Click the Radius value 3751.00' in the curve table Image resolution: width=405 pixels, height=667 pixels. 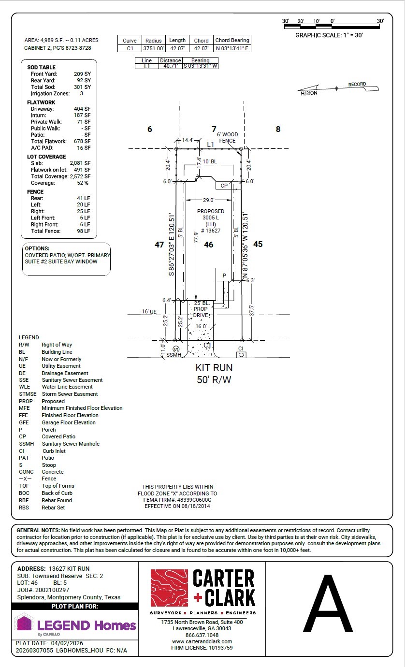point(153,48)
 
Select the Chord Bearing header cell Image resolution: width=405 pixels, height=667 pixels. point(232,40)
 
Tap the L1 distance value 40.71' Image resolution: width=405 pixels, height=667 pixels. point(170,66)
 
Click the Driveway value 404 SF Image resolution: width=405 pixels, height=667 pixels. point(82,109)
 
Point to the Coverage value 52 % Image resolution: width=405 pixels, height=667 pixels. point(83,183)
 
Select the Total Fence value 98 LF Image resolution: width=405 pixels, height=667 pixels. point(84,231)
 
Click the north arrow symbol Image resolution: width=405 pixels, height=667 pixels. point(338,88)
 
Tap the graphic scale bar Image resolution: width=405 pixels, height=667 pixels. point(332,27)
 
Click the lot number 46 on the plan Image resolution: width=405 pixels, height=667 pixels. point(208,245)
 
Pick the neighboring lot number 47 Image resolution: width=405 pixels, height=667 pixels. point(159,245)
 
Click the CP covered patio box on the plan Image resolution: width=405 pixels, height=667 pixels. point(224,185)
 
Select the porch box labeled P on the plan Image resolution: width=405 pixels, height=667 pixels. point(224,275)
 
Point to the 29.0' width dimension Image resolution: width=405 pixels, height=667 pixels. point(208,200)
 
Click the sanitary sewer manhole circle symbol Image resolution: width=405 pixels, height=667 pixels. point(176,349)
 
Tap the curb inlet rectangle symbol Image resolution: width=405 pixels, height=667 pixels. point(241,355)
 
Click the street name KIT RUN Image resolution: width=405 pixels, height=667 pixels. point(214,368)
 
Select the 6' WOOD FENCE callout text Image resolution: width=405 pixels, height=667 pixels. point(227,138)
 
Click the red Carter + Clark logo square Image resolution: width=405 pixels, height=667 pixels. point(169,588)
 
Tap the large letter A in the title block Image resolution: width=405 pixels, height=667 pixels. point(328,604)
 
